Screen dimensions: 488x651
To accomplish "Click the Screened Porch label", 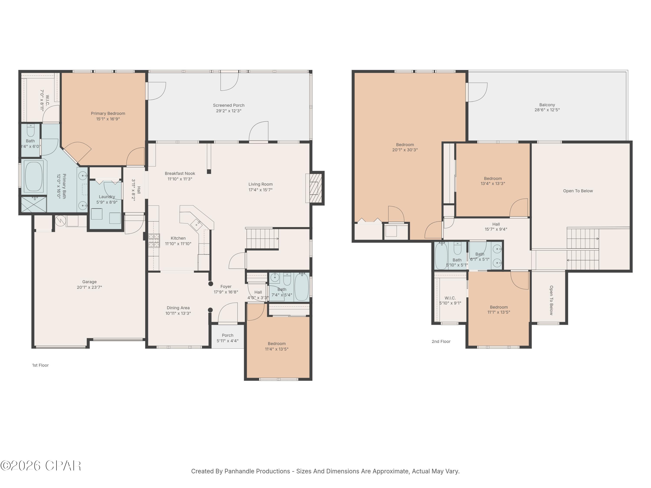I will coord(229,105).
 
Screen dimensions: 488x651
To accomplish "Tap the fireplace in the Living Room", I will coord(316,188).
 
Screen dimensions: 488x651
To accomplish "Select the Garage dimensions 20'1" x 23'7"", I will coord(89,287).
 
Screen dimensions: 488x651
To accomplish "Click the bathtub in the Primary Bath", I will coord(34,177).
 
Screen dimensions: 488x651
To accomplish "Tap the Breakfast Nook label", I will coord(180,174).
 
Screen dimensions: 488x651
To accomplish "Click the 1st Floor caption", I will coord(40,365).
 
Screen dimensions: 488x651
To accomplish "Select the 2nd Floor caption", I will coord(441,342).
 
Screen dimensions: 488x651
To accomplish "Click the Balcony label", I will coord(547,105).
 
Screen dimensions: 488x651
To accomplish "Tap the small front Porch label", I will coord(227,335).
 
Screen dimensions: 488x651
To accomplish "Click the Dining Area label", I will coord(178,308).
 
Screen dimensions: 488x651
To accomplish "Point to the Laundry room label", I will coord(107,197).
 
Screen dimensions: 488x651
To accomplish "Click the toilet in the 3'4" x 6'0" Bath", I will coord(31,130).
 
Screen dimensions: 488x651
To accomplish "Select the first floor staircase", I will coord(262,239).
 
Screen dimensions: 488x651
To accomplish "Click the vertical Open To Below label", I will coord(551,300).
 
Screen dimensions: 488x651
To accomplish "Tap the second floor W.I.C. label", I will coord(450,298).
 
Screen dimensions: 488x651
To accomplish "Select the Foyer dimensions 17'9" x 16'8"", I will coord(226,292).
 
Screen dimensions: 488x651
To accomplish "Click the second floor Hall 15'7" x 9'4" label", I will coord(496,224).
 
